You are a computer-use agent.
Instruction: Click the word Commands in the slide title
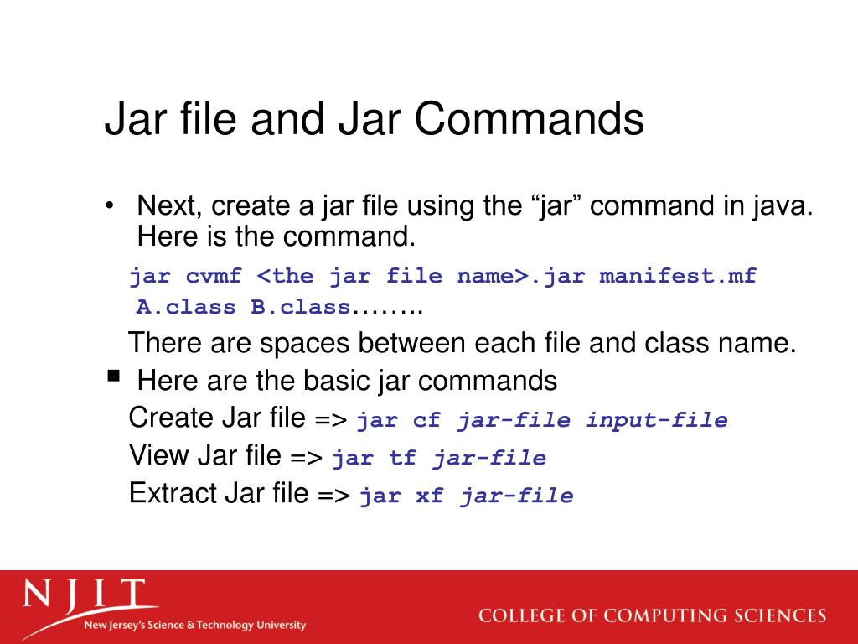tap(528, 119)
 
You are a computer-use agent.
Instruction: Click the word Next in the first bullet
tap(167, 205)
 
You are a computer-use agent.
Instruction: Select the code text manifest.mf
tap(678, 276)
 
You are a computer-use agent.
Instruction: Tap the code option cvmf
tap(215, 276)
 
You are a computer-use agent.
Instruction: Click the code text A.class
tap(186, 308)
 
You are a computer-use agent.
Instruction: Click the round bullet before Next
tap(110, 206)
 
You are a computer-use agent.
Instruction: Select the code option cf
tap(426, 421)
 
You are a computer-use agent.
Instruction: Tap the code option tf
tap(401, 459)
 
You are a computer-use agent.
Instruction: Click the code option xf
tap(429, 496)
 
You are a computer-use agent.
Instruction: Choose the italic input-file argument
tap(656, 421)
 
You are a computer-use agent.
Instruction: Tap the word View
tap(159, 456)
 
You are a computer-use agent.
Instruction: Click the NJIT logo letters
tap(84, 596)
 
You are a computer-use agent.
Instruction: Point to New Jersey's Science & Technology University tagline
tap(194, 626)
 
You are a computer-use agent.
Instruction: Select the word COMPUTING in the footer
tap(675, 615)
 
